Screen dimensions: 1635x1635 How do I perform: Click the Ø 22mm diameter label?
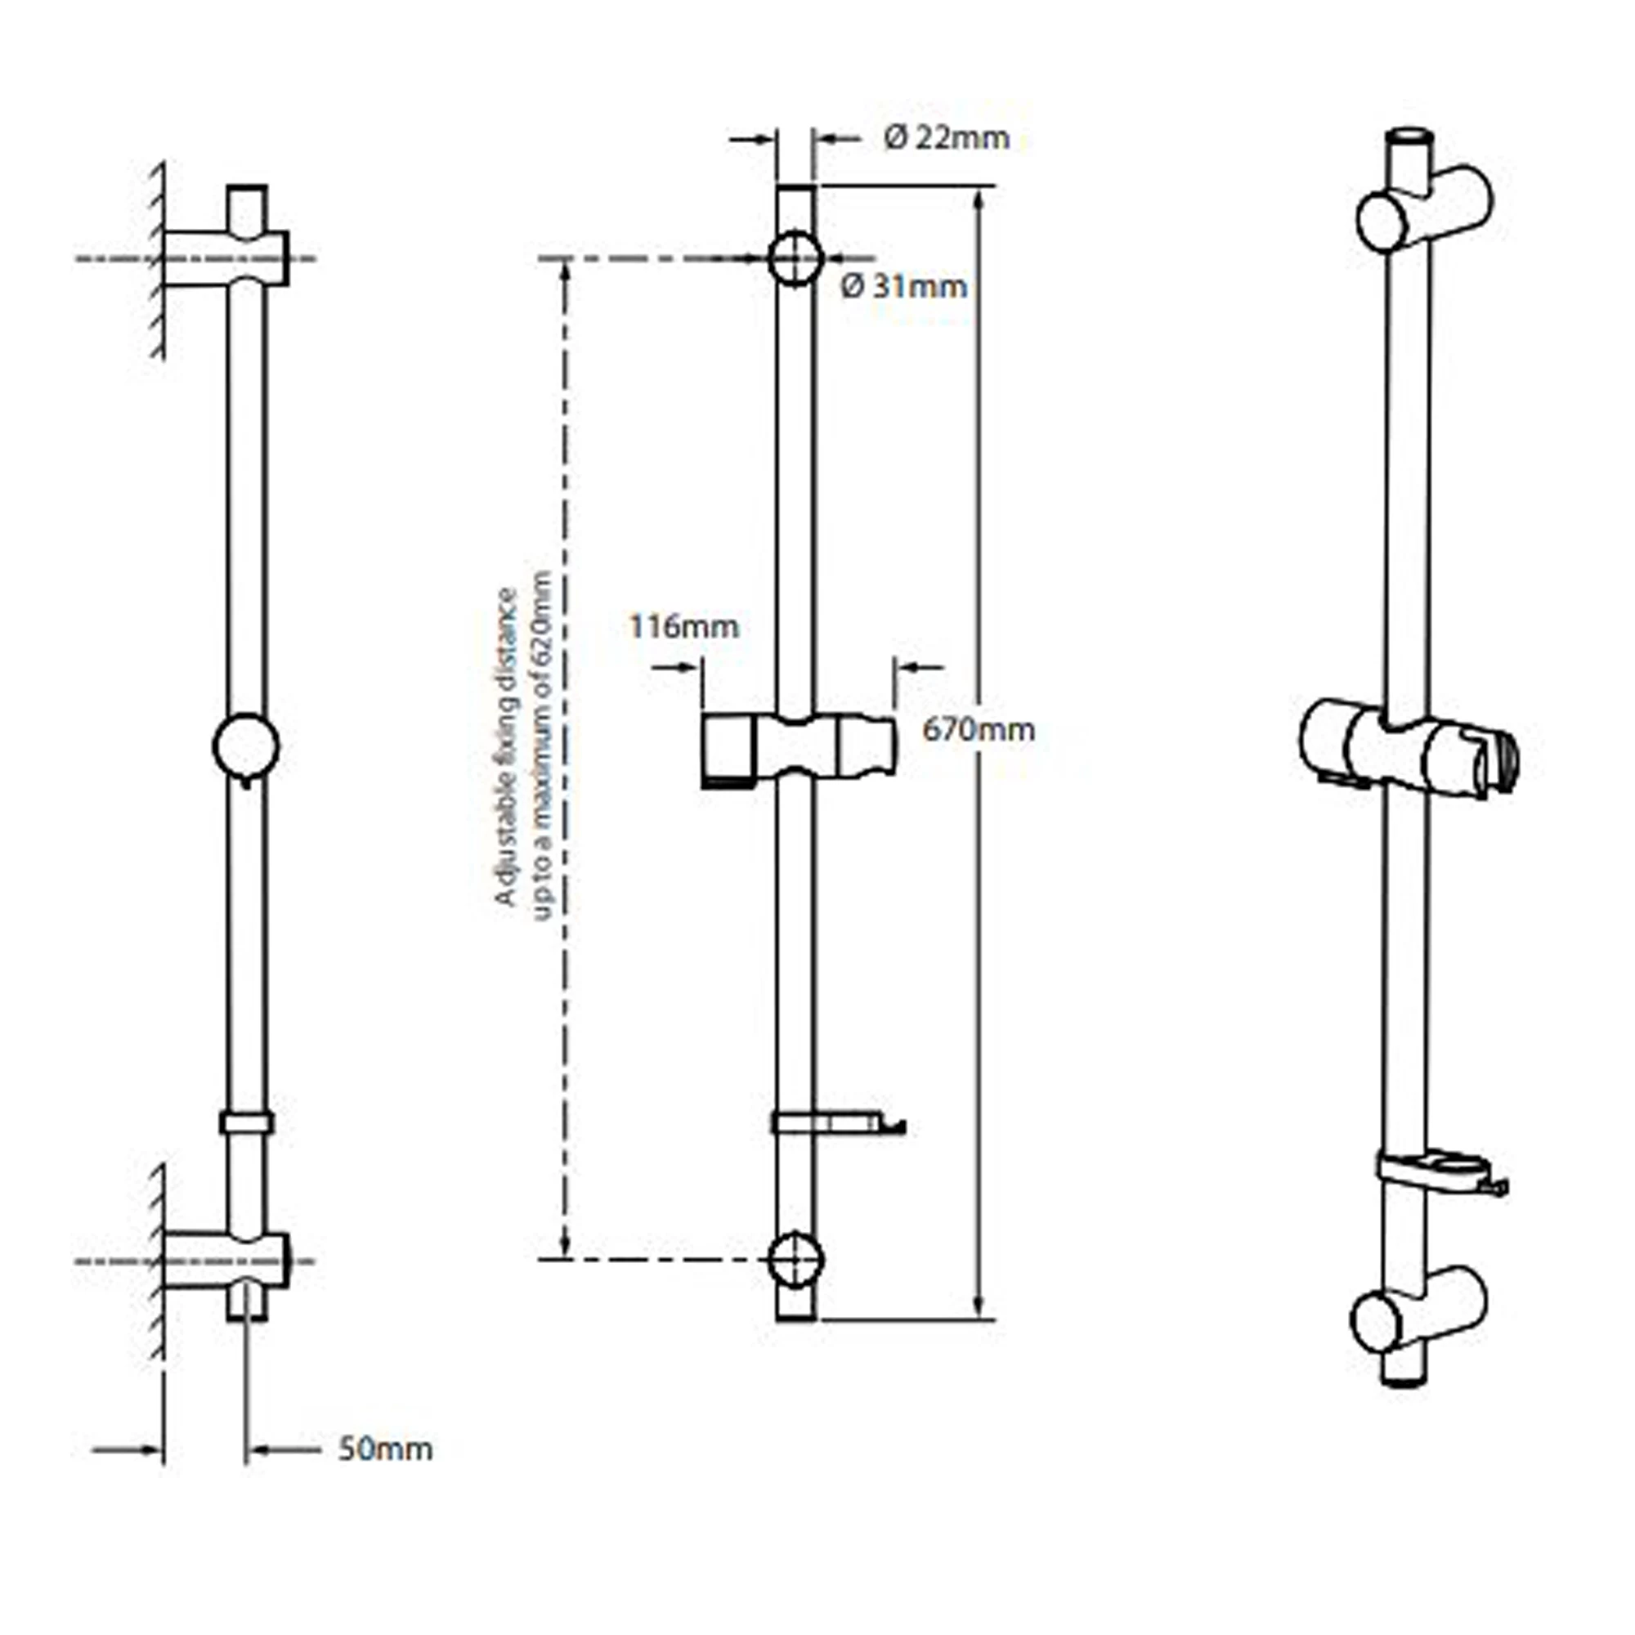point(946,138)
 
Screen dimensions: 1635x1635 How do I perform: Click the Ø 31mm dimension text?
point(903,287)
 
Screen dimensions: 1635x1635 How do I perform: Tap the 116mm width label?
point(683,626)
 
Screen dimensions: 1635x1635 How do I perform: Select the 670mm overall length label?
point(979,729)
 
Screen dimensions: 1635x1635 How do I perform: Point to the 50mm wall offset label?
point(385,1449)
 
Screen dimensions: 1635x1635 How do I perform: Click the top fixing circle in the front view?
point(795,258)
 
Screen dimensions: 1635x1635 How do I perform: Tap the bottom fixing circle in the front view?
point(795,1258)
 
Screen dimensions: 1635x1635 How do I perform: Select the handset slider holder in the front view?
point(797,749)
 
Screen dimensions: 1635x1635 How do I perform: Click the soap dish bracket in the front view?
point(838,1123)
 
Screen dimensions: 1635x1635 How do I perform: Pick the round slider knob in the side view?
point(245,746)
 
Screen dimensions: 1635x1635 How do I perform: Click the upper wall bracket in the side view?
point(226,258)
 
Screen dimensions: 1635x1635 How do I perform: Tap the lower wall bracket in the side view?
point(226,1260)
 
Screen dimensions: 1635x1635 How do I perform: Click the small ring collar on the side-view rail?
point(246,1123)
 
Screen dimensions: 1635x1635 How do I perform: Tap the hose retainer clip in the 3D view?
point(1439,1171)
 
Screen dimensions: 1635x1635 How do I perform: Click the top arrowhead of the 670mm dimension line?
point(979,196)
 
